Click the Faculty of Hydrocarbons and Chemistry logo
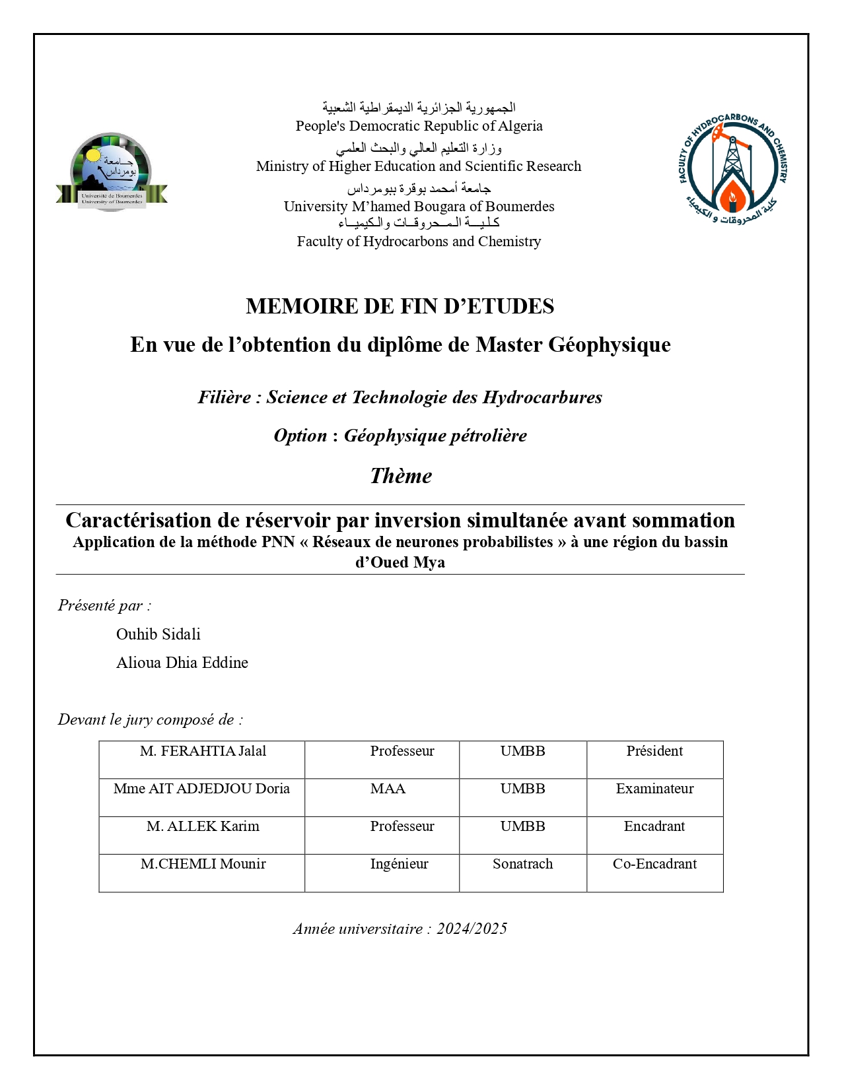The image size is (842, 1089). [733, 169]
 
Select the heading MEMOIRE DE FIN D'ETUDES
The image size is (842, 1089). [400, 306]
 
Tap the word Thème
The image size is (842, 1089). [401, 476]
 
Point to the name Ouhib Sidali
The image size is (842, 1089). [158, 634]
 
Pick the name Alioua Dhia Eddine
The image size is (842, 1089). [182, 663]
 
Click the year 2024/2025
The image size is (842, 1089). [472, 929]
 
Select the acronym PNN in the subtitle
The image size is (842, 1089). [278, 542]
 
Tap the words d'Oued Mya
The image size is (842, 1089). [400, 562]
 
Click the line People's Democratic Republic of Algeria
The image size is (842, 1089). [419, 126]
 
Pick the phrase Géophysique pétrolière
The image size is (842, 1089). [435, 436]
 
